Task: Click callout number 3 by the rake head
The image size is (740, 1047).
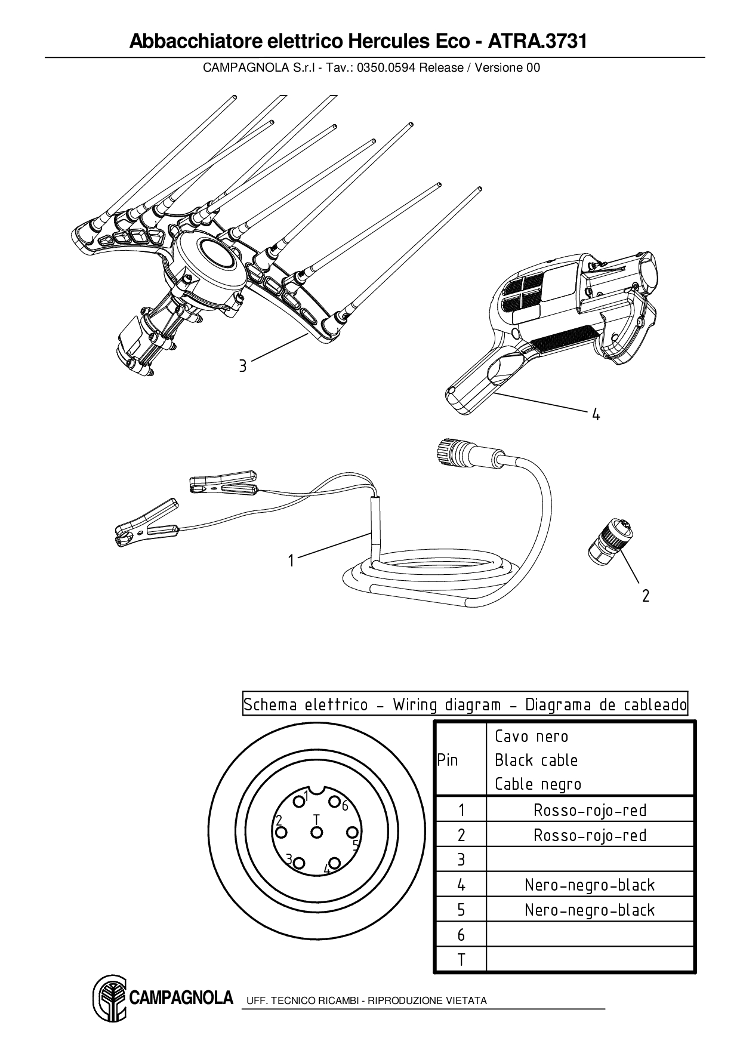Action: (x=242, y=365)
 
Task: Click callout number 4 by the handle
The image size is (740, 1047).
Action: (x=595, y=414)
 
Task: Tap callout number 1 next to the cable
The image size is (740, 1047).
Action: (x=291, y=561)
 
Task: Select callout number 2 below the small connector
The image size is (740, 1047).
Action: (x=645, y=595)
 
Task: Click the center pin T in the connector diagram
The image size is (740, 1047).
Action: (x=317, y=832)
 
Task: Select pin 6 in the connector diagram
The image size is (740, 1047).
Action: (x=335, y=802)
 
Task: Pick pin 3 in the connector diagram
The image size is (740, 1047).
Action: (x=300, y=863)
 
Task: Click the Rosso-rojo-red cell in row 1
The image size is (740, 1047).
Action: (x=590, y=810)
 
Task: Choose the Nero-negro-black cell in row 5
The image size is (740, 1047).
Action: (x=590, y=910)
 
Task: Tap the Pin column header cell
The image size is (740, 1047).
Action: (x=448, y=760)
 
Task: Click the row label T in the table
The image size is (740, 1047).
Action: (x=461, y=960)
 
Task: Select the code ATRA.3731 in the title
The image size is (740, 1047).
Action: (x=537, y=42)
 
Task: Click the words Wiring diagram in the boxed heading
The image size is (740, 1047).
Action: (x=446, y=705)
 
